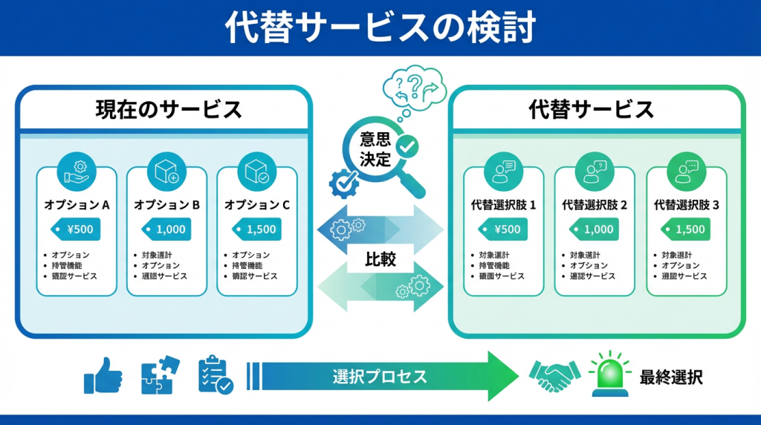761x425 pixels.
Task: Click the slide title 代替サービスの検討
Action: point(380,28)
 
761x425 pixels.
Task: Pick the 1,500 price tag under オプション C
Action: point(257,230)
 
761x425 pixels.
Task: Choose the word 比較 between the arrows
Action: point(380,259)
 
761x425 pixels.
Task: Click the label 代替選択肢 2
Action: point(595,205)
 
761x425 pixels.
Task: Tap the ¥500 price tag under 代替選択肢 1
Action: point(503,230)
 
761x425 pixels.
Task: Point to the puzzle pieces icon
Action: point(160,374)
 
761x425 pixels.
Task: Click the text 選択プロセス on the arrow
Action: point(380,376)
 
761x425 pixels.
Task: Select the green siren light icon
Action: point(609,373)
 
